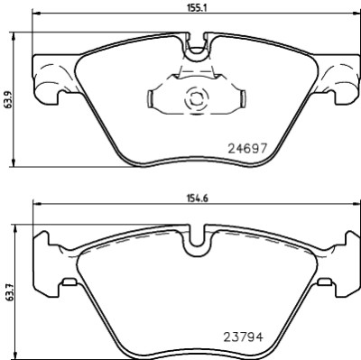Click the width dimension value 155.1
click(197, 7)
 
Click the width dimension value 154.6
click(198, 198)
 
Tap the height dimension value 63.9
click(7, 99)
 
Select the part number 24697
click(247, 148)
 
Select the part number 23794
click(243, 337)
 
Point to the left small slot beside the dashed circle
click(150, 99)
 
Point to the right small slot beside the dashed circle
click(243, 99)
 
